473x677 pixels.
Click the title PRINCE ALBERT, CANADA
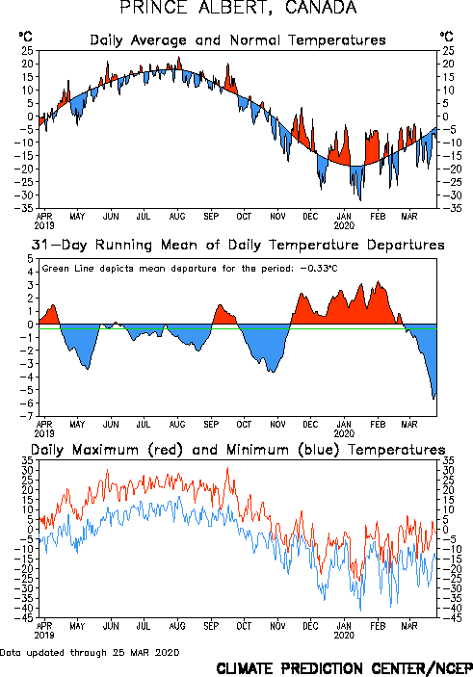tap(238, 8)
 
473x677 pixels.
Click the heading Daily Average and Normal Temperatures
tap(238, 40)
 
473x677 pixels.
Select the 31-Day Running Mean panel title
tap(238, 246)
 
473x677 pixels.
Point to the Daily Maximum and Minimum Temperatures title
tap(238, 450)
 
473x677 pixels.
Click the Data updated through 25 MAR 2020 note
tap(90, 652)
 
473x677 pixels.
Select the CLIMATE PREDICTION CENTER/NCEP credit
tap(344, 668)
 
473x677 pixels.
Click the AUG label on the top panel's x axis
tap(177, 216)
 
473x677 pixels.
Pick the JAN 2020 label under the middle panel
tap(344, 429)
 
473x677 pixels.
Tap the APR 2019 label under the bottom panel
tap(44, 631)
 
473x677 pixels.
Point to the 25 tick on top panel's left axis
tap(27, 50)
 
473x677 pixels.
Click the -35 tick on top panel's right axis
tap(447, 208)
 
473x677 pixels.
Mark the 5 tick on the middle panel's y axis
tap(30, 259)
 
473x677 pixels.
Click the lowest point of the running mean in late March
tap(434, 399)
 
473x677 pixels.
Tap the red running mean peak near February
tap(379, 281)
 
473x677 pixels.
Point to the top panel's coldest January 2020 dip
tap(360, 200)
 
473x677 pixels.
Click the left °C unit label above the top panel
tap(25, 37)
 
